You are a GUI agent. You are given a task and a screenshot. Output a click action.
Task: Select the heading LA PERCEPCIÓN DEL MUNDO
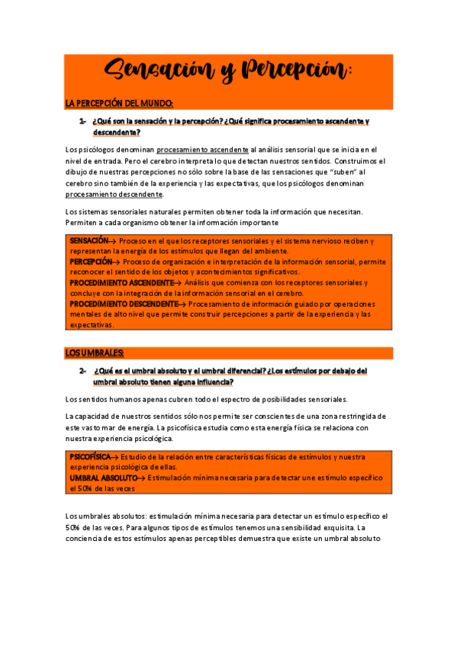pos(120,103)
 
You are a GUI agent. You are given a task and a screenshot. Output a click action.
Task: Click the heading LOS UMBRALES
pos(95,352)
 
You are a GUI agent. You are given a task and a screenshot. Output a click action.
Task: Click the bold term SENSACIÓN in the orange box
pos(89,240)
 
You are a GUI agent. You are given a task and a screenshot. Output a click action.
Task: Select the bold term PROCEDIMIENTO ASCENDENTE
pos(121,282)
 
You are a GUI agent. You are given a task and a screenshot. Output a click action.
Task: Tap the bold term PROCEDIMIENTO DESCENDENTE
pos(123,303)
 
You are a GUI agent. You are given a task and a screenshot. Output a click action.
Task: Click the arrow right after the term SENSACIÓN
pos(114,240)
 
